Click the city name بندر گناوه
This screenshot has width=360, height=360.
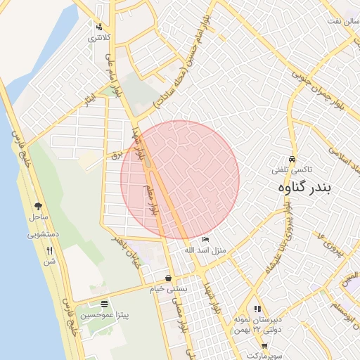[308, 188]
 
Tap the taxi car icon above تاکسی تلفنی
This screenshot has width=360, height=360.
[292, 158]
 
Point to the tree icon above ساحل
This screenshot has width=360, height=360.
[38, 205]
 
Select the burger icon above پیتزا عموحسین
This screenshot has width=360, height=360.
[105, 304]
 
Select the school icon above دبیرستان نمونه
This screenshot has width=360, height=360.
[258, 308]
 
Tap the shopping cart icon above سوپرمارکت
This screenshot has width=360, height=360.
[264, 345]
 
